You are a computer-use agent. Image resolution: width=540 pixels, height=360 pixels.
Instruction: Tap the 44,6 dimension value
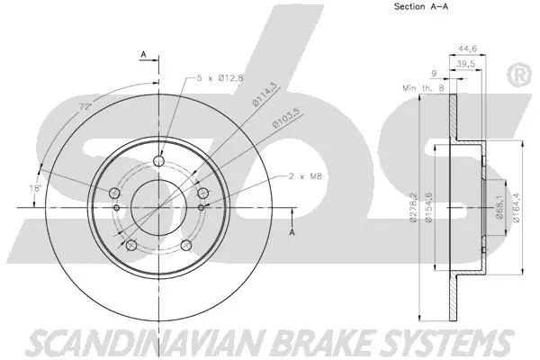pos(467,48)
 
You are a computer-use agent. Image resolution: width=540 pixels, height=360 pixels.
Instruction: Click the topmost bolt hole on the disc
pos(159,162)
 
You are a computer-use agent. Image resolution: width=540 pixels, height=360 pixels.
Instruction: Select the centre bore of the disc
pos(158,206)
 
